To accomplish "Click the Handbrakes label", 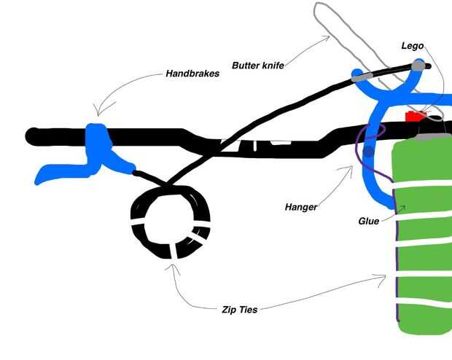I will click(192, 74).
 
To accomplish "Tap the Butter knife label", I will click(258, 65).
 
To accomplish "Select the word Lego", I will click(412, 45).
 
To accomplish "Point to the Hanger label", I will click(301, 207).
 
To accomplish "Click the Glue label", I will click(368, 221).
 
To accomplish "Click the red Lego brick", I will click(415, 116).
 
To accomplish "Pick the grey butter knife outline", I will click(343, 36).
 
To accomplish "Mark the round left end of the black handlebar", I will click(32, 136).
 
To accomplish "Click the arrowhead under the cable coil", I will click(172, 265).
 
